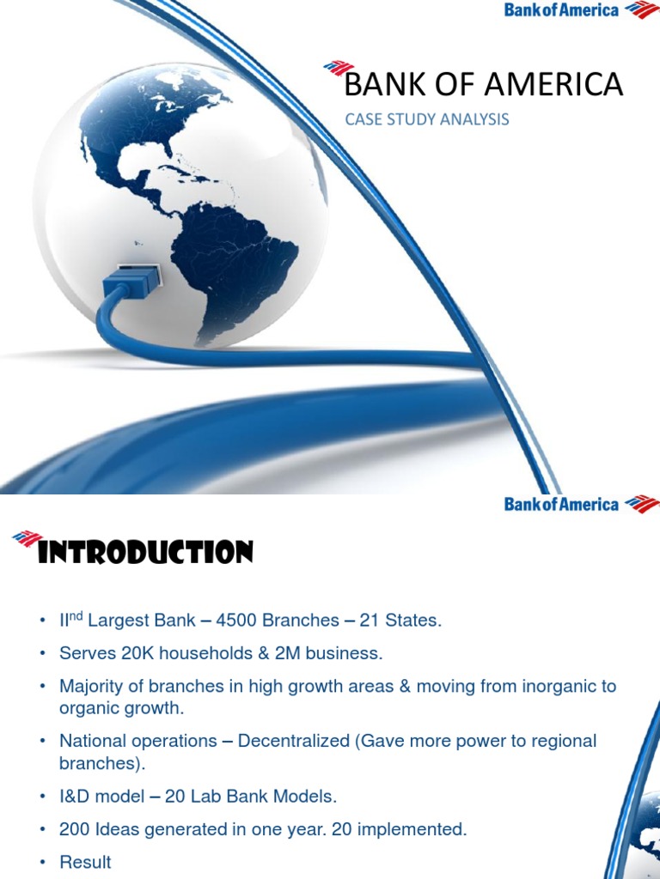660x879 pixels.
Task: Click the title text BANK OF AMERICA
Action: (483, 85)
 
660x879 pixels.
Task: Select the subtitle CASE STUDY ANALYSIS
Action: (426, 119)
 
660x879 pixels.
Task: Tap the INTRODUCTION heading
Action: (146, 553)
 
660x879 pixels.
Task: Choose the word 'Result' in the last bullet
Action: (85, 862)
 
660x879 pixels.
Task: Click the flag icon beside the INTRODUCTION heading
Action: (27, 538)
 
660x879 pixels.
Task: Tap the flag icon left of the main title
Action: (338, 68)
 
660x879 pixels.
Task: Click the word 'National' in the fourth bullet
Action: (92, 741)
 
